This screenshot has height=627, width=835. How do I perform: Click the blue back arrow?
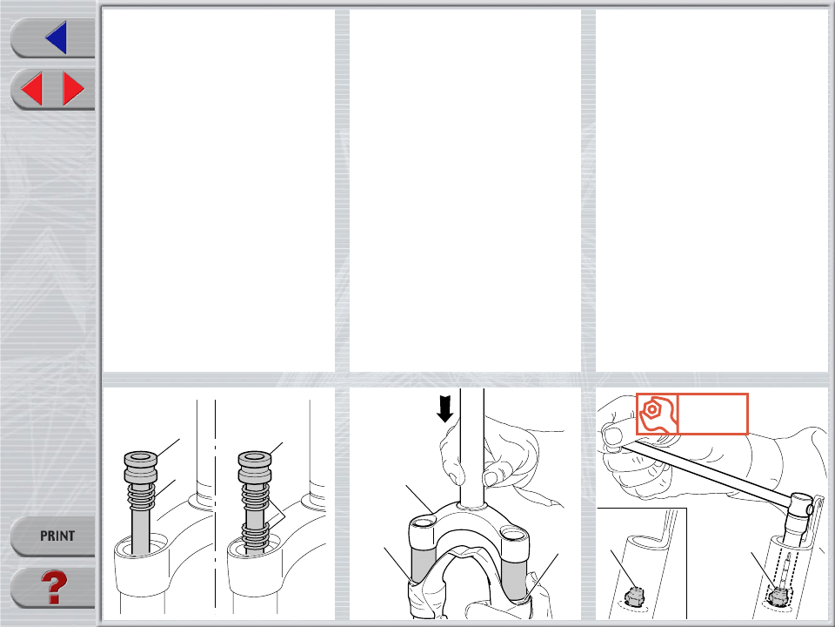tap(57, 37)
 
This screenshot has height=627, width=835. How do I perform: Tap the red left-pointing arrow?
tap(32, 89)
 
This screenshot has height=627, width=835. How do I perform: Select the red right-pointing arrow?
tap(73, 89)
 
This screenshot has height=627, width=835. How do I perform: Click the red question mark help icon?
tap(54, 588)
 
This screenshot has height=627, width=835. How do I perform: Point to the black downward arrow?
tap(444, 409)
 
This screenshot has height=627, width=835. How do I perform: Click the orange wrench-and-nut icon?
tap(658, 414)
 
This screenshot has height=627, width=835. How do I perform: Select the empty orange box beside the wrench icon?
tap(713, 414)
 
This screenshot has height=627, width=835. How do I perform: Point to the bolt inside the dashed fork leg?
tap(778, 594)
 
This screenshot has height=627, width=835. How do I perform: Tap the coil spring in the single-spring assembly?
tap(141, 497)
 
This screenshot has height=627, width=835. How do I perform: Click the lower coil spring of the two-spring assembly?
tap(255, 536)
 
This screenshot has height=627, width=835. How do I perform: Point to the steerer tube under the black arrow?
tap(472, 448)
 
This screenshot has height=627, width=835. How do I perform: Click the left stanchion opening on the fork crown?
tap(424, 521)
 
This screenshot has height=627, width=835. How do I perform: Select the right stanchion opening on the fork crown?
tap(513, 533)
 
